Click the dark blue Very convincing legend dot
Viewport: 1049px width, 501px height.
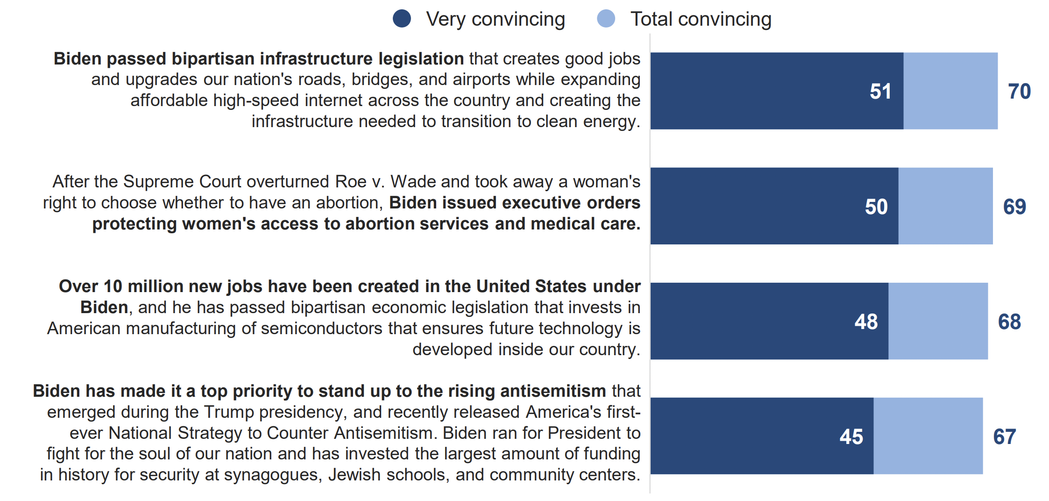[402, 19]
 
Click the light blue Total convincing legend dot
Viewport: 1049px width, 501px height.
[606, 19]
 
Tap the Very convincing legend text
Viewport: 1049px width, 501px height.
[496, 19]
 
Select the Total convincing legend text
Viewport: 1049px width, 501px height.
[701, 19]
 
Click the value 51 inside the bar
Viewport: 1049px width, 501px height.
[880, 91]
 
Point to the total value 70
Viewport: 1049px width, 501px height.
[1019, 91]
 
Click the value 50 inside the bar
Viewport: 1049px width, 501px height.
[876, 207]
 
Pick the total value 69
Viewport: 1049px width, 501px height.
[1014, 207]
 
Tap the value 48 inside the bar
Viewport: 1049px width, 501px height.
[866, 322]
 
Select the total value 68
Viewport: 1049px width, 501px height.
[1009, 322]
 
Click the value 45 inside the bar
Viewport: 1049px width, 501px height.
[851, 437]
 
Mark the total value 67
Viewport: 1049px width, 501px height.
[1005, 437]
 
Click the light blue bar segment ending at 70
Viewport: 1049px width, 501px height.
[950, 91]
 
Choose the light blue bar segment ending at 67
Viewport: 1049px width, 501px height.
[928, 436]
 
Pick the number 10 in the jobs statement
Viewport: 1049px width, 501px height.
[113, 286]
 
